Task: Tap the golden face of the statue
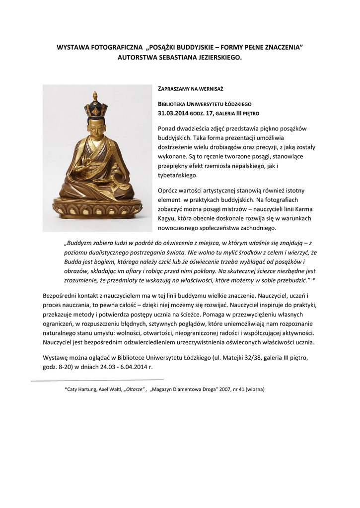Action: [95, 128]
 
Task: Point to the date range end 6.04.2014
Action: [133, 368]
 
